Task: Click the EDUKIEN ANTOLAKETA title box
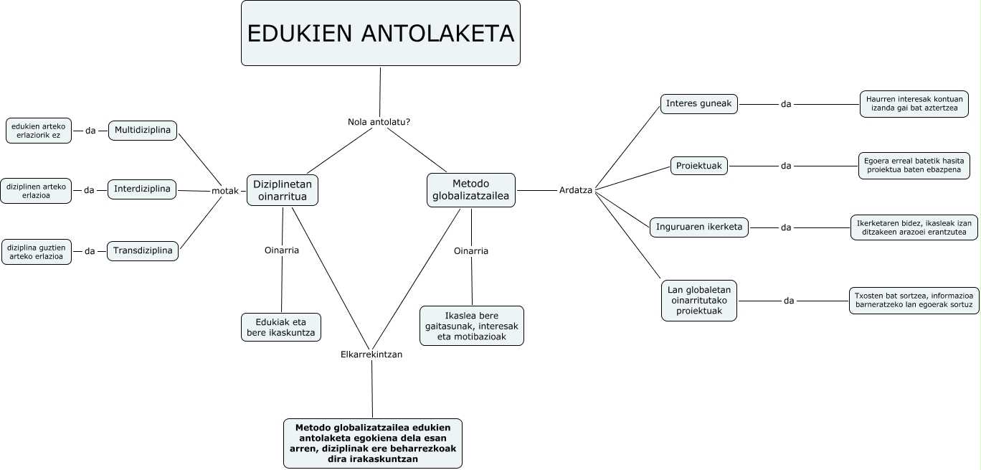point(380,34)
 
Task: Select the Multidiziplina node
point(143,131)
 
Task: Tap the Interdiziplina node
point(142,189)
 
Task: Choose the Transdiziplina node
point(143,251)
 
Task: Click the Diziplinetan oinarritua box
point(283,191)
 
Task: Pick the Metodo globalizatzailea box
point(470,191)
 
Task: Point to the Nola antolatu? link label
point(379,122)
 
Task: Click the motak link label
point(224,191)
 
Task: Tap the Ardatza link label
point(575,190)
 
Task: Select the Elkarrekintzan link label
point(371,354)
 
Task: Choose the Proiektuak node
point(699,166)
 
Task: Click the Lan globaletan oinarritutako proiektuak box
point(698,301)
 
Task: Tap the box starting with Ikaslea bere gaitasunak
point(471,326)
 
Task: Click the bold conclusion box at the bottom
point(373,443)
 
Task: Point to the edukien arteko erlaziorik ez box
point(39,131)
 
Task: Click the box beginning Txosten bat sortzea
point(914,301)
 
